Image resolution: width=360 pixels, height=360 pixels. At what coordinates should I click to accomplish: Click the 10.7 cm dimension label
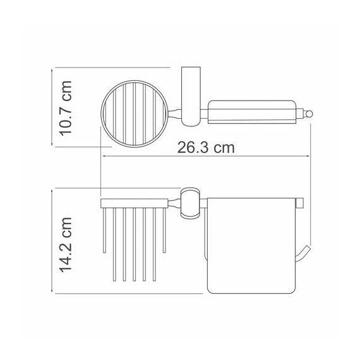66,109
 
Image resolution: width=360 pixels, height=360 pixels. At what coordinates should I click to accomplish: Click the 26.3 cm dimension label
206,148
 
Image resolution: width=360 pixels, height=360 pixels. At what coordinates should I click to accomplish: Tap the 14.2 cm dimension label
66,245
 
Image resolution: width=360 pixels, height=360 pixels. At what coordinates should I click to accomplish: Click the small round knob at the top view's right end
309,114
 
